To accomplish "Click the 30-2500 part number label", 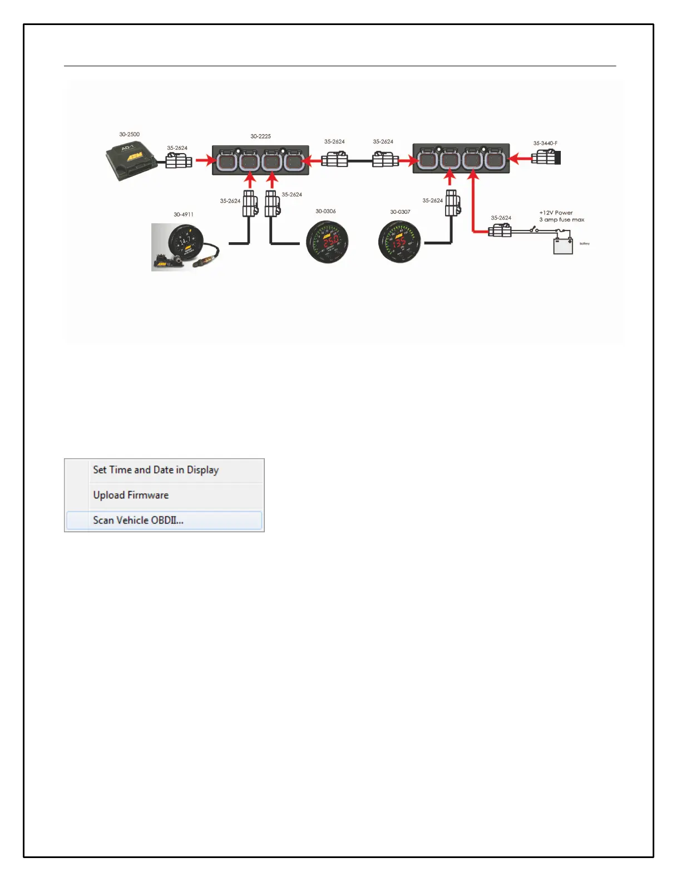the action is click(x=129, y=134).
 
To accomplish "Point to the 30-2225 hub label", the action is click(x=260, y=136).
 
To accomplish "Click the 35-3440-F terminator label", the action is click(x=545, y=143).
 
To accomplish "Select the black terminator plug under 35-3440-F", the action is click(x=546, y=158).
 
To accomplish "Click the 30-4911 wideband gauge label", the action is click(x=184, y=214).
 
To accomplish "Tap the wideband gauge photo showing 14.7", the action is click(x=185, y=247).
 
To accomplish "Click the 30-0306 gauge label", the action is click(x=325, y=211).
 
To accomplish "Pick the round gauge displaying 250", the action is click(x=328, y=242).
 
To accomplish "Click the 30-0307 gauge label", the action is click(x=400, y=212).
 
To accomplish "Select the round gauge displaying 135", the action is click(x=399, y=242).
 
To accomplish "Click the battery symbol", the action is click(x=563, y=245).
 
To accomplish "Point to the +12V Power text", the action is click(x=556, y=213).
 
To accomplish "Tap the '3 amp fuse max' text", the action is click(x=561, y=220).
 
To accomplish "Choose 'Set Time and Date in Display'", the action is click(x=156, y=470).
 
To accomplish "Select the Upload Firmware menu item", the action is click(x=131, y=495).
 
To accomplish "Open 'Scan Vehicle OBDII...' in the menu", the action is click(x=138, y=520).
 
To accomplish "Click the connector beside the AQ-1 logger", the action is click(x=179, y=161).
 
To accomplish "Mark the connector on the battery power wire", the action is click(x=500, y=230).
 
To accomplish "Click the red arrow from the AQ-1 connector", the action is click(x=205, y=161).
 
